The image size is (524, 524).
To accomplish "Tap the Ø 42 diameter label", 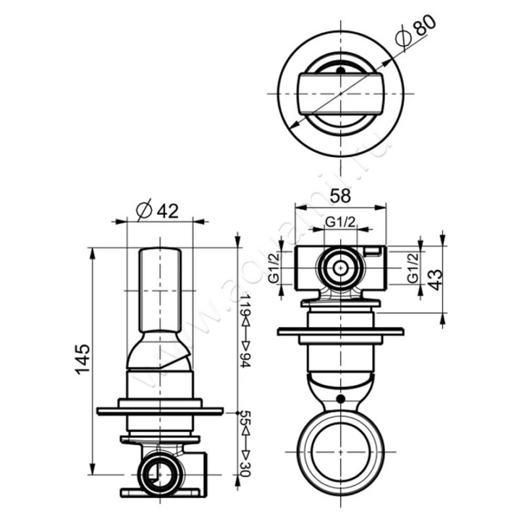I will click(x=157, y=211).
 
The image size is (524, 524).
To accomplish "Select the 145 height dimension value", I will click(x=83, y=358).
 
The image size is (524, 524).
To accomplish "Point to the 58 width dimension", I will click(x=341, y=196).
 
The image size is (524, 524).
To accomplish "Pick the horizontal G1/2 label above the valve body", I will click(x=341, y=222).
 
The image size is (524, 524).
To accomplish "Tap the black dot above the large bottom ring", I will click(x=340, y=399).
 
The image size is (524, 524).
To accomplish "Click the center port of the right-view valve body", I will click(x=340, y=269).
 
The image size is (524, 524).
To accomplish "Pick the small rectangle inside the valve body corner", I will click(x=373, y=252).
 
